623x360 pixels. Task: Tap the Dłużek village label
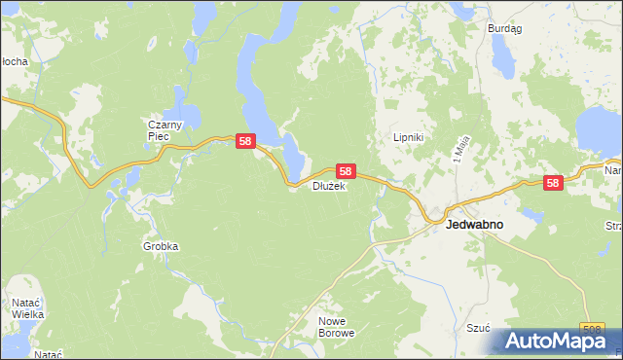click(x=329, y=186)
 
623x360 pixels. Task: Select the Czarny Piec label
click(x=159, y=130)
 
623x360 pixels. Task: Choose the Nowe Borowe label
click(x=337, y=326)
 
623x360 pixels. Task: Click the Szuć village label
click(x=477, y=328)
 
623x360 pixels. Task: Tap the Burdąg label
click(x=505, y=29)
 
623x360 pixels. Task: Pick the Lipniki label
click(x=407, y=138)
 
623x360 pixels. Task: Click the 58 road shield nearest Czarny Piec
click(x=245, y=142)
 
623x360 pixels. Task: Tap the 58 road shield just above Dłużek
click(x=346, y=170)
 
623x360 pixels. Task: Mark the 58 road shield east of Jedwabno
click(x=553, y=182)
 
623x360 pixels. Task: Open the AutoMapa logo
click(x=556, y=341)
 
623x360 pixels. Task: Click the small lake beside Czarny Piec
click(x=186, y=115)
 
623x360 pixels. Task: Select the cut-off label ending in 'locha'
click(x=14, y=61)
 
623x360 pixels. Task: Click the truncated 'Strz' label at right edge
click(x=613, y=226)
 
